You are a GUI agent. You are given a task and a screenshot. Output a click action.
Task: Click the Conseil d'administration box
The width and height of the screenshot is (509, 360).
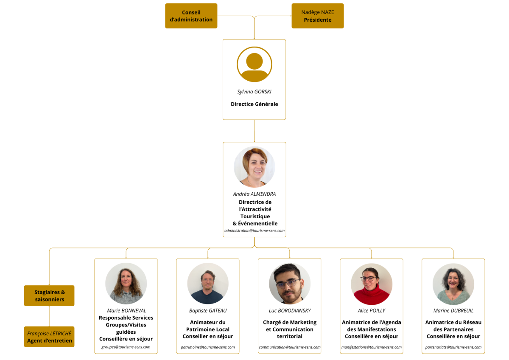click(x=191, y=16)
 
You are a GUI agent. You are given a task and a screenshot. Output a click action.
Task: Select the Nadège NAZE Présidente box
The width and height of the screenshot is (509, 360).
click(x=317, y=16)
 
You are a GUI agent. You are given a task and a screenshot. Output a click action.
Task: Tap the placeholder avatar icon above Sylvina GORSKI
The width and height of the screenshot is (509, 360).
click(x=254, y=65)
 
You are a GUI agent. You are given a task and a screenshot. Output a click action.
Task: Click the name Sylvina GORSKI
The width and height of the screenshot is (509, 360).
click(x=254, y=92)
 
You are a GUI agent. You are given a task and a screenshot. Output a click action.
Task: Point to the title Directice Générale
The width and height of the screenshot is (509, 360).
click(x=254, y=104)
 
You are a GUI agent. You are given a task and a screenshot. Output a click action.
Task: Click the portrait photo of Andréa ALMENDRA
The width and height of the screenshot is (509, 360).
click(x=254, y=167)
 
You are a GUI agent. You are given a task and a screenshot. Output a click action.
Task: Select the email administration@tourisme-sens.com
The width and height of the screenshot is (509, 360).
click(x=254, y=231)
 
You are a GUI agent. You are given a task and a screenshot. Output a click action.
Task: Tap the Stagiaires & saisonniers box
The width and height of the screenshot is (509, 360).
click(x=49, y=295)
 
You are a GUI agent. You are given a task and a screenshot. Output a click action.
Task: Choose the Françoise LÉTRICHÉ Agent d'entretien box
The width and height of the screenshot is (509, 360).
click(x=49, y=337)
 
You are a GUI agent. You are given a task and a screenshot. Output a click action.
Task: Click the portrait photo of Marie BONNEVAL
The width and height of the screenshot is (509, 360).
click(x=126, y=284)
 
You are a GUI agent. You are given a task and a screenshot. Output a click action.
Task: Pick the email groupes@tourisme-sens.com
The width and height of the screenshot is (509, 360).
click(x=126, y=347)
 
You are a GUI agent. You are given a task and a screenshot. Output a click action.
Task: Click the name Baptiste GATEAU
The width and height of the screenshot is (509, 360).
click(x=208, y=310)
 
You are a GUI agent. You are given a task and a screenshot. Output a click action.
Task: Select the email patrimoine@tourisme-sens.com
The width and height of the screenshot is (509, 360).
click(x=208, y=347)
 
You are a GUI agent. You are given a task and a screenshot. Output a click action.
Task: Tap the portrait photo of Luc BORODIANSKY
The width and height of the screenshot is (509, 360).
click(x=290, y=284)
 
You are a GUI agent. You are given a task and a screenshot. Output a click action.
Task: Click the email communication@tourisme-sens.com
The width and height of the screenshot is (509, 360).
click(x=289, y=347)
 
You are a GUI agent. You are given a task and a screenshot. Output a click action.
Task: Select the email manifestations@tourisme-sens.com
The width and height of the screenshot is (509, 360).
click(x=371, y=347)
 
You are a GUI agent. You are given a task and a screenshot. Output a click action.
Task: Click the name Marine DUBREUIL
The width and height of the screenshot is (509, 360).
click(x=453, y=310)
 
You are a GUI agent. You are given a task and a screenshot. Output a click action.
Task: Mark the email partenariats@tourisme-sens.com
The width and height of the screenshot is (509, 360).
click(x=453, y=347)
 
